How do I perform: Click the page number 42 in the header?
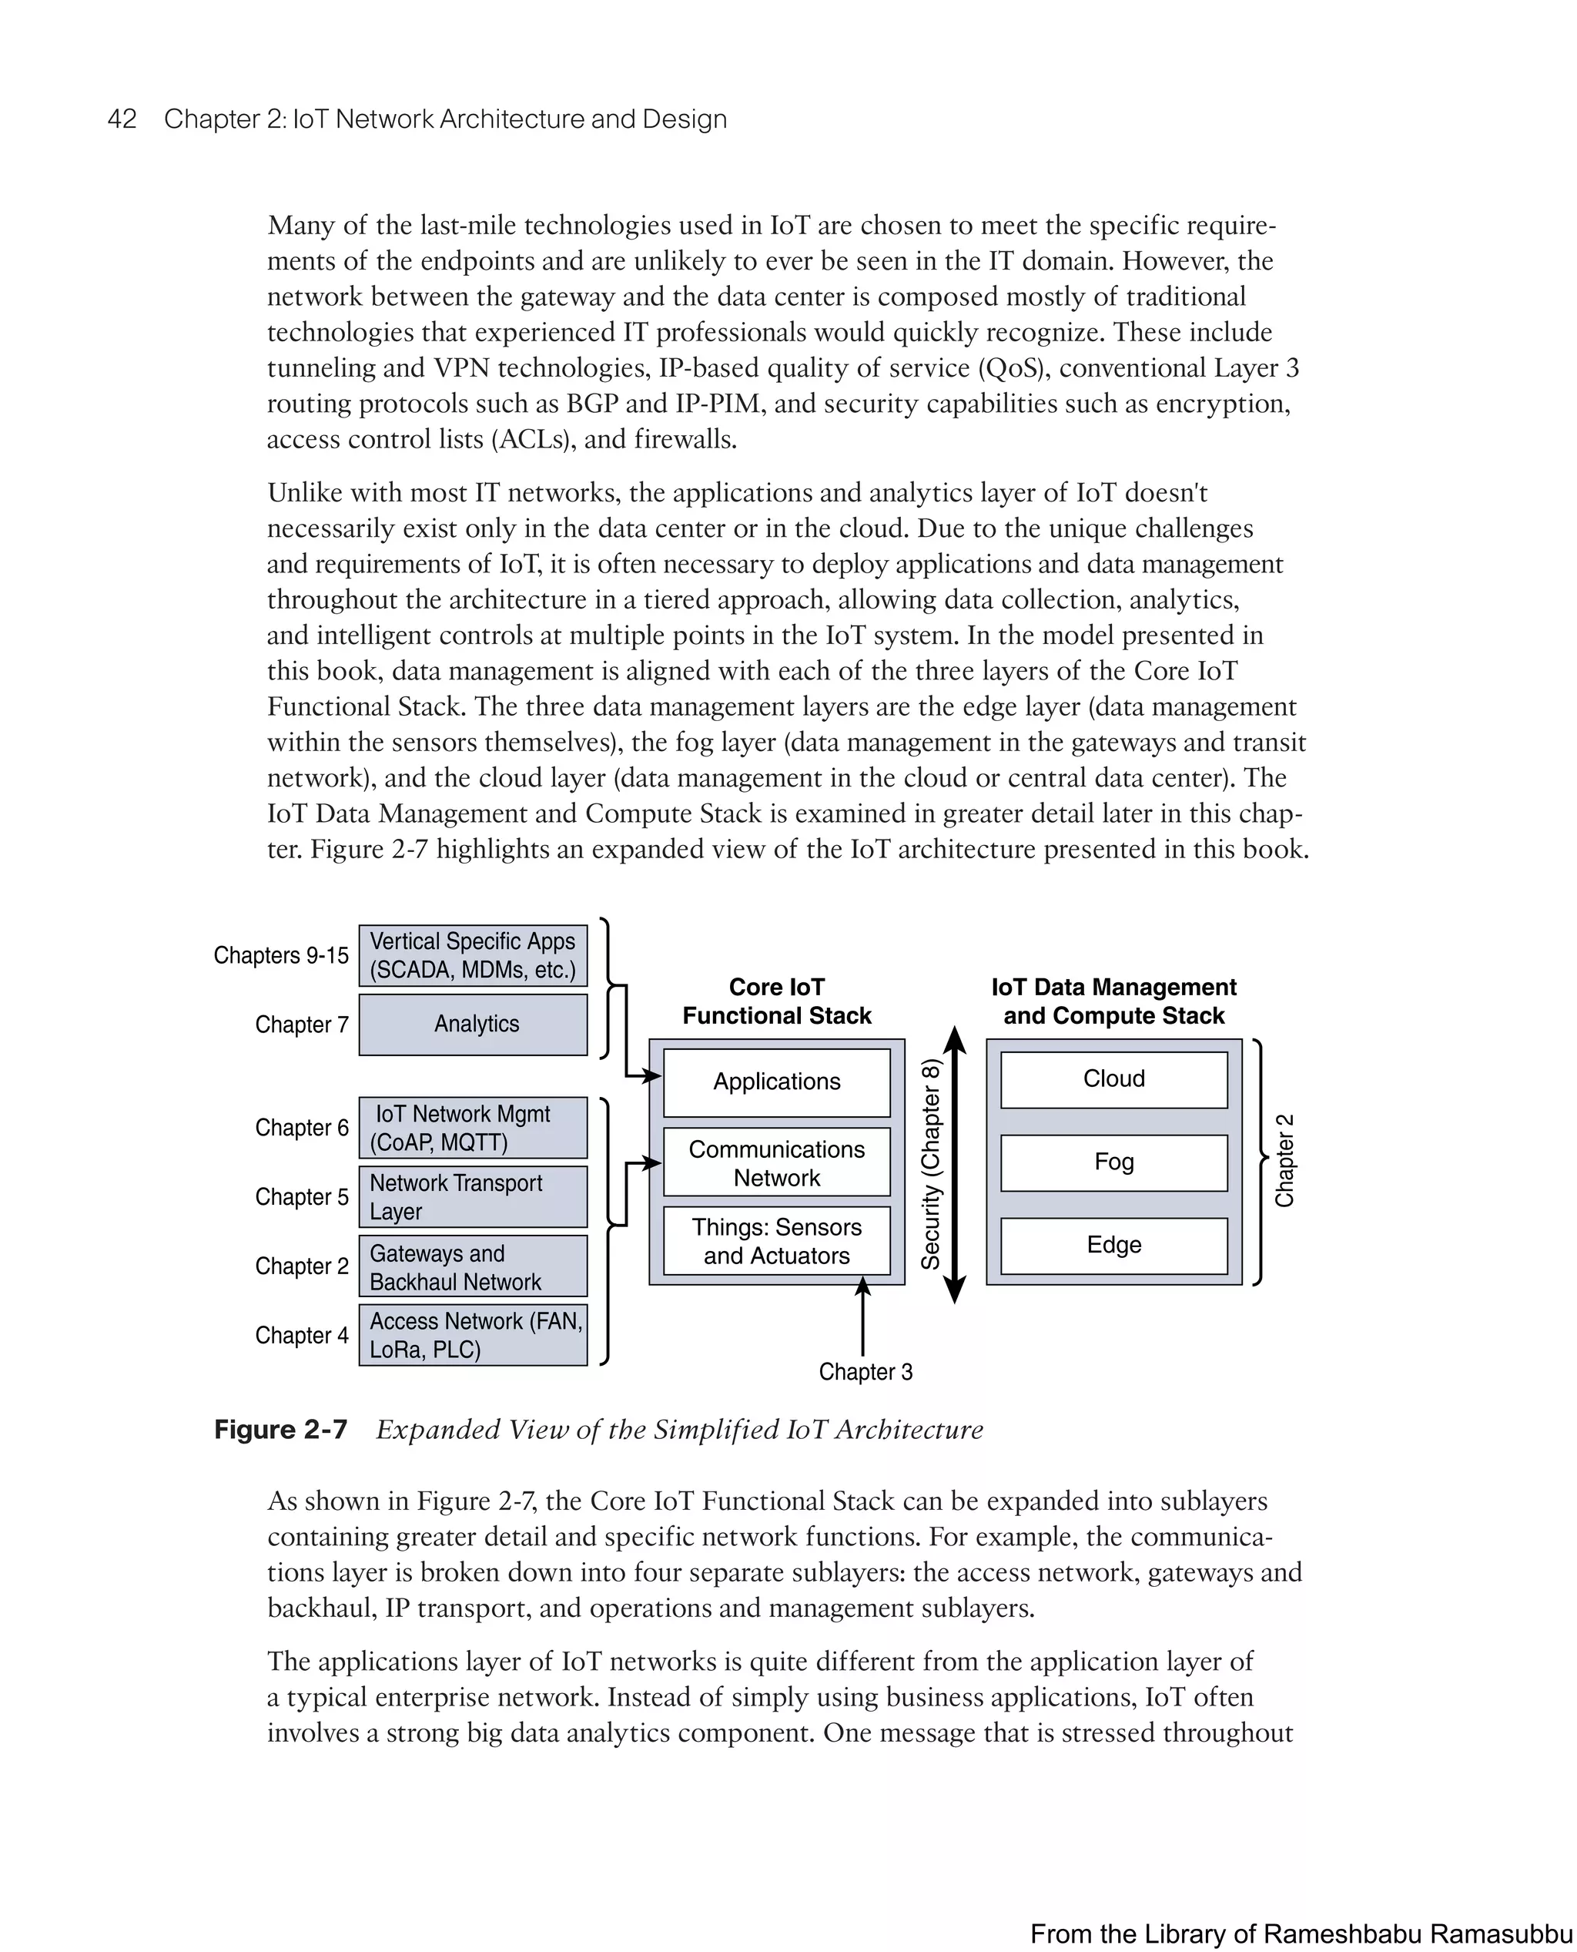tap(122, 119)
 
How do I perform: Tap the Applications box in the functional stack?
tap(777, 1082)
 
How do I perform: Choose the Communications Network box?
tap(777, 1162)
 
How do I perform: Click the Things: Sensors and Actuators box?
tap(777, 1240)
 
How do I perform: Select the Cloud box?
tap(1113, 1079)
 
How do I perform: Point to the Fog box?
tap(1113, 1162)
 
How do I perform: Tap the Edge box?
tap(1113, 1245)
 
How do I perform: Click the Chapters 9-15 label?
tap(281, 955)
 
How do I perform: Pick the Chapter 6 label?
tap(302, 1128)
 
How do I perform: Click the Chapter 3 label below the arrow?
tap(866, 1371)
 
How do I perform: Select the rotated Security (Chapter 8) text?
tap(931, 1164)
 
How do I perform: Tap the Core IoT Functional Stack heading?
tap(777, 1001)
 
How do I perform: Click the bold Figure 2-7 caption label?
tap(281, 1430)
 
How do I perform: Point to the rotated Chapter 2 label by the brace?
tap(1284, 1160)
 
